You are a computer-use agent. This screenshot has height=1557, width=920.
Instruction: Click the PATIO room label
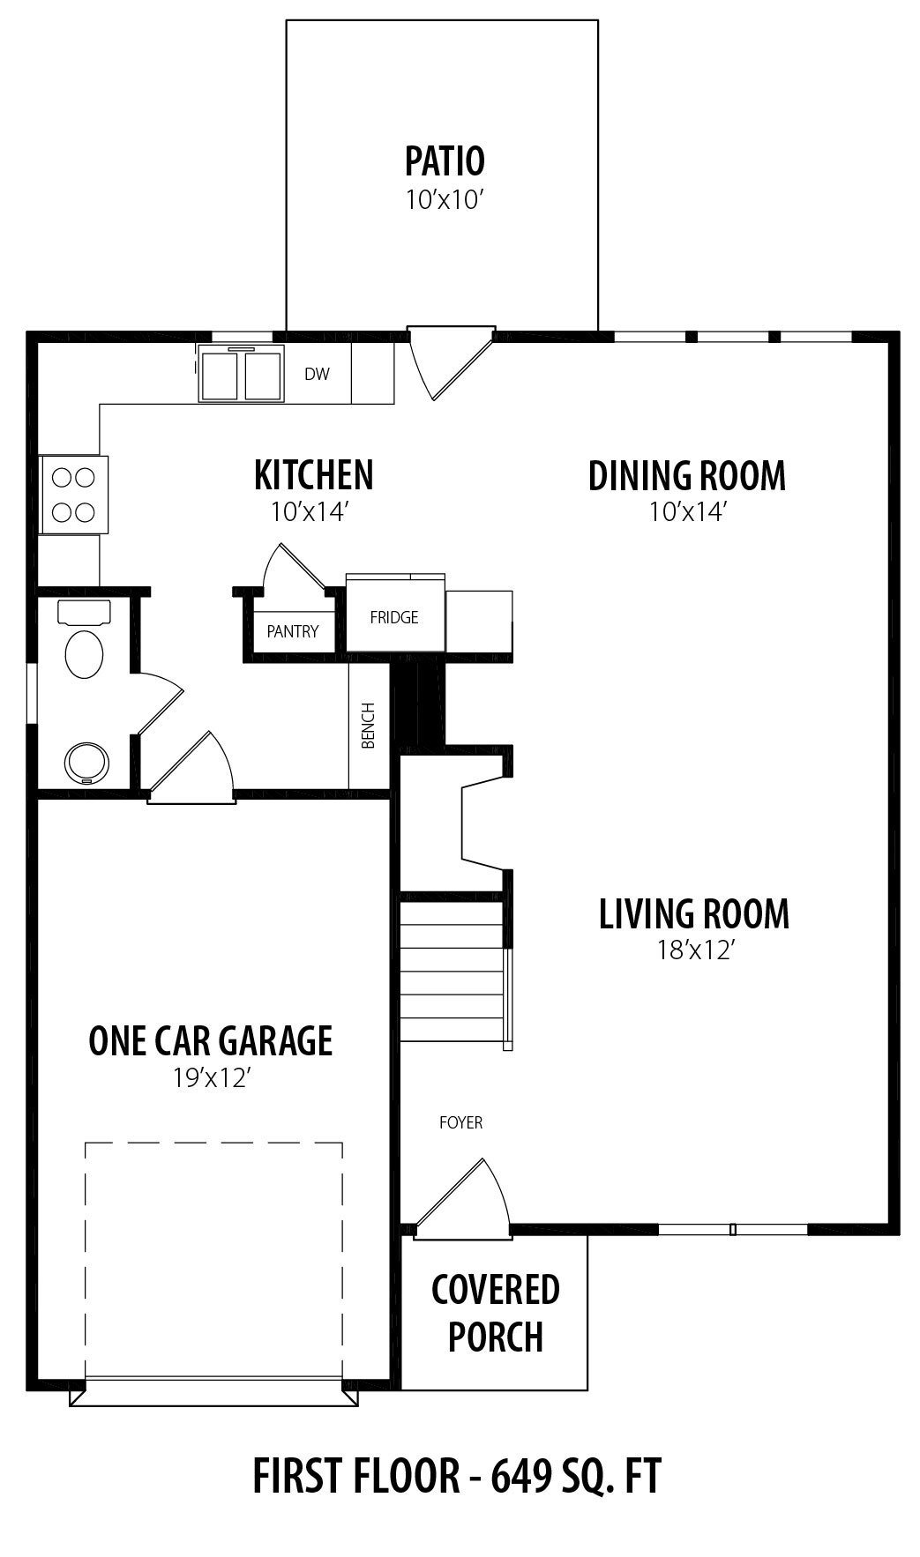point(445,161)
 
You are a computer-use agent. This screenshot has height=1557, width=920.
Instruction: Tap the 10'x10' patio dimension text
point(445,200)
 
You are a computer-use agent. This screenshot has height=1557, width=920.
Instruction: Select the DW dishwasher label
point(317,374)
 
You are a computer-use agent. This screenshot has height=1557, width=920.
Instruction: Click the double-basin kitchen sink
point(241,374)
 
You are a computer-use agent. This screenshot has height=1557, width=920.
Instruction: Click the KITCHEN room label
point(313,474)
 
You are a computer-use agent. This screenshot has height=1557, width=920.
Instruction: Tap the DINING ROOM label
point(687,475)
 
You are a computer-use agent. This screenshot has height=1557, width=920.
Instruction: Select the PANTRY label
point(293,631)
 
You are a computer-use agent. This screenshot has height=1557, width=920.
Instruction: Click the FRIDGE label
point(394,617)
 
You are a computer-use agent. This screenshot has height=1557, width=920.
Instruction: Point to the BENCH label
point(369,725)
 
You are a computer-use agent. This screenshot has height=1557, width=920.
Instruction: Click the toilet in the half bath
point(84,640)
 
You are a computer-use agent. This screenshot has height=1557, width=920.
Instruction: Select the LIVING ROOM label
point(694,913)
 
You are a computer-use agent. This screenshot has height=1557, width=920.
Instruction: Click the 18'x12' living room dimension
point(694,950)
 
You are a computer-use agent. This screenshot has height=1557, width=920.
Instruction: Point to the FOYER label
point(460,1122)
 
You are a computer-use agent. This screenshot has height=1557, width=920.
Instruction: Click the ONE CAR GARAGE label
point(210,1040)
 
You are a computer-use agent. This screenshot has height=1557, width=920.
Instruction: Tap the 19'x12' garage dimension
point(210,1077)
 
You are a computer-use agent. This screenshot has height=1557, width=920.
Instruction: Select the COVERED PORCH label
point(495,1313)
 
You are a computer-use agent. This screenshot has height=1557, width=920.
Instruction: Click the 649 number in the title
point(519,1476)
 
